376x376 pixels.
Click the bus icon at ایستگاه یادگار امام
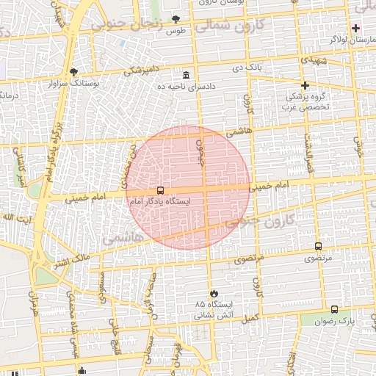click(161, 191)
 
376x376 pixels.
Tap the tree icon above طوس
click(175, 19)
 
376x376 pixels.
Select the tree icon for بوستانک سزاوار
click(73, 72)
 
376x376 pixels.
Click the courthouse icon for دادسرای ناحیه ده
click(187, 75)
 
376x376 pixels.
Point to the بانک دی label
click(247, 68)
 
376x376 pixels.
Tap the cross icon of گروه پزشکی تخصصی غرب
click(305, 85)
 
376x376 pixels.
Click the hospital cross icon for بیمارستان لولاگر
click(356, 27)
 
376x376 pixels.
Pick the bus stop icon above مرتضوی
click(318, 247)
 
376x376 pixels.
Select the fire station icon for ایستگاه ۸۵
click(214, 292)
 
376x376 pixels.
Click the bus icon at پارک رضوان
click(335, 310)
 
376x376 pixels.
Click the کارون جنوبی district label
click(268, 219)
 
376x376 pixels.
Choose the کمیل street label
click(251, 318)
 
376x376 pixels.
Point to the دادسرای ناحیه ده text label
click(187, 87)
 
